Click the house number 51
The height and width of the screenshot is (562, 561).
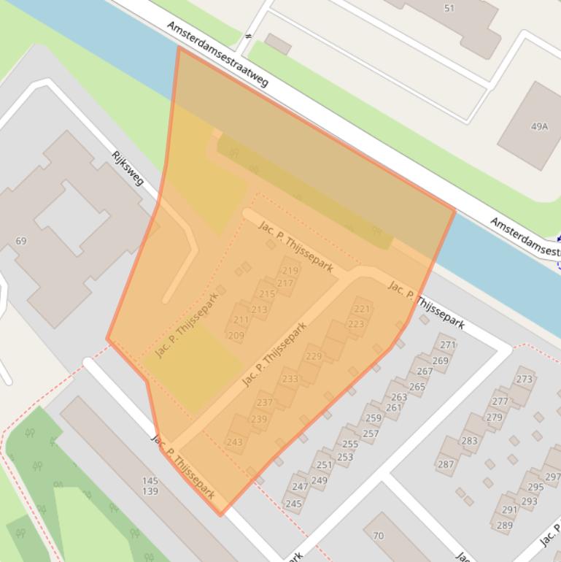click(x=449, y=9)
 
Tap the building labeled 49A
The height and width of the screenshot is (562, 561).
click(x=539, y=126)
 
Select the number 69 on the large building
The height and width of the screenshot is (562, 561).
click(x=20, y=241)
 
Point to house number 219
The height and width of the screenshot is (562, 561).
click(x=290, y=271)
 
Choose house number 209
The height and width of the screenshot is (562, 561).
click(x=236, y=336)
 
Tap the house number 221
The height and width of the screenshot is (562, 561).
click(x=361, y=309)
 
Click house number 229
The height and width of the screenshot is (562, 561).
click(x=313, y=356)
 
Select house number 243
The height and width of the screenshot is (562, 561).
click(x=234, y=442)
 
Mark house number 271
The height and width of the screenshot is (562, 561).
click(x=448, y=344)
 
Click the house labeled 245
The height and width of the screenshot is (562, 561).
click(x=293, y=504)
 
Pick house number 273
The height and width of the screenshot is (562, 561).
click(x=524, y=379)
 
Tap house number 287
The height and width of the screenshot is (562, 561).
click(x=446, y=464)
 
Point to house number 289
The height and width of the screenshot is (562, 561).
click(x=504, y=525)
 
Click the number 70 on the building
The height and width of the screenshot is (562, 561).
click(x=378, y=536)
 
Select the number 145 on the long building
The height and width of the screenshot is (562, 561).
click(x=150, y=481)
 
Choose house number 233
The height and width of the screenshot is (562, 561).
click(x=290, y=379)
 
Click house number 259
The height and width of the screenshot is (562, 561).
click(x=373, y=418)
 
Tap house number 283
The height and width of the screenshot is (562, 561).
click(x=469, y=441)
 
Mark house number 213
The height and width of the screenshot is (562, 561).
click(x=259, y=309)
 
